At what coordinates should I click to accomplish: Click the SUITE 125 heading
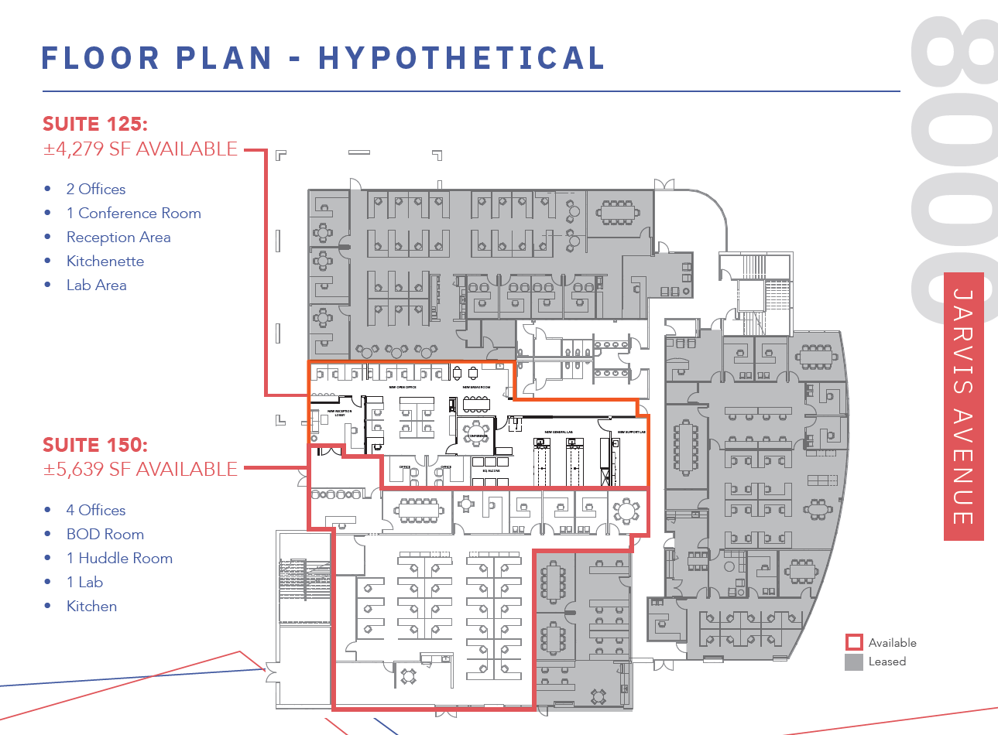[94, 124]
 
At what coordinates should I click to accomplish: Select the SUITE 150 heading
[94, 445]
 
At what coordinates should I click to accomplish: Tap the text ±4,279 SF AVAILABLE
[140, 149]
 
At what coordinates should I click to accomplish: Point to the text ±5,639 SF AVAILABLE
[140, 469]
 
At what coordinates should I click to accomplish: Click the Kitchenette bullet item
[105, 262]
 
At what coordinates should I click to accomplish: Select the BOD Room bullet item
[105, 535]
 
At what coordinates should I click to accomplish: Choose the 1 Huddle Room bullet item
[119, 559]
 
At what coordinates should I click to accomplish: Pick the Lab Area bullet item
[96, 285]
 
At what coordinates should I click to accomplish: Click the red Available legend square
[854, 642]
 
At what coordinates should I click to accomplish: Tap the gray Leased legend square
[854, 661]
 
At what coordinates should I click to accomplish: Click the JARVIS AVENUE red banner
[963, 406]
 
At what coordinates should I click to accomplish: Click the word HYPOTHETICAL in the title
[462, 58]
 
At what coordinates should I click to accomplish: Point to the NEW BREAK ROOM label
[476, 387]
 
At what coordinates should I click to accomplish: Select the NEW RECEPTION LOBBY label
[339, 412]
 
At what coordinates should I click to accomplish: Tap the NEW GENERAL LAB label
[558, 432]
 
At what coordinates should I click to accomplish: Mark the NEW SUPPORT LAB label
[631, 432]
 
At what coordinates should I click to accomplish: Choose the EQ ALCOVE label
[491, 470]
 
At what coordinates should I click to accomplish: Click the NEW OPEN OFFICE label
[402, 387]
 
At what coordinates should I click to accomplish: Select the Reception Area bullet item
[118, 238]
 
